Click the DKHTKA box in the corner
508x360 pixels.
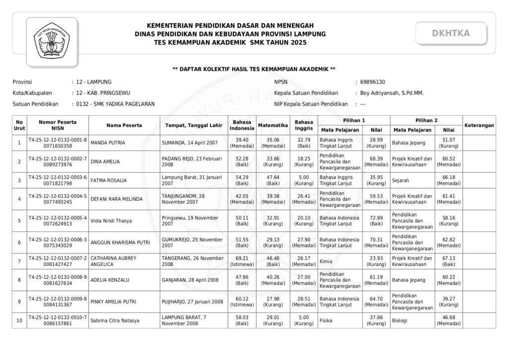click(450, 33)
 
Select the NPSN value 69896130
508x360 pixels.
click(373, 82)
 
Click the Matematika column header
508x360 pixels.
click(273, 125)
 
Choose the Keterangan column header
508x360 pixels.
click(479, 125)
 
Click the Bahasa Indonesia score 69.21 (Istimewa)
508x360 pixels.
click(242, 261)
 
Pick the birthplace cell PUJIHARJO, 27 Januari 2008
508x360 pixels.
click(192, 301)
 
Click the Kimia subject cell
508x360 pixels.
click(326, 261)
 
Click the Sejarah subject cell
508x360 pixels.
click(401, 180)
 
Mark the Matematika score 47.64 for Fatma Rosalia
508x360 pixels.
click(273, 180)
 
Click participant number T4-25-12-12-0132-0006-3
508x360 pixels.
click(58, 239)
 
